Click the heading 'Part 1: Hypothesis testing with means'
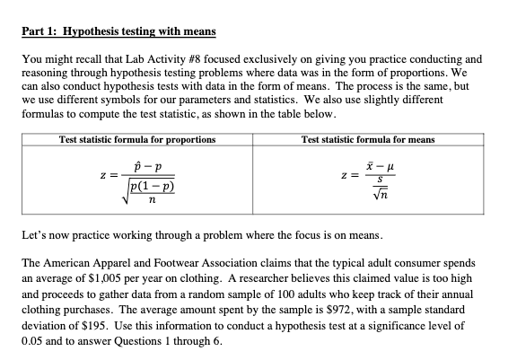tap(118, 33)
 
